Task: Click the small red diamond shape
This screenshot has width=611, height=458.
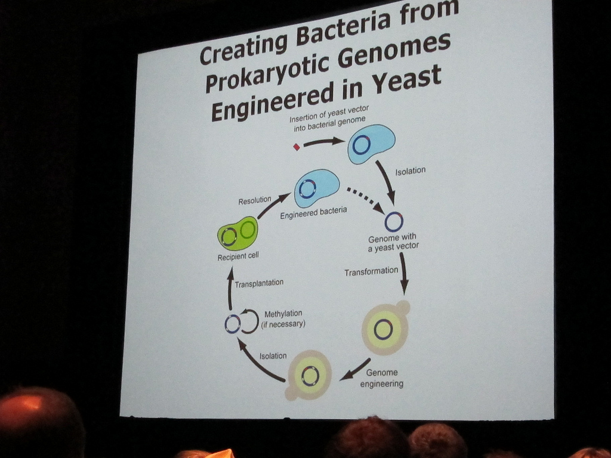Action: coord(297,147)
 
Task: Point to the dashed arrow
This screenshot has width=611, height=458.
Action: coord(366,200)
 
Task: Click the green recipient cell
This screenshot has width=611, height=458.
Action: coord(237,233)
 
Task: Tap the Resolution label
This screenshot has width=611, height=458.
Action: coord(254,200)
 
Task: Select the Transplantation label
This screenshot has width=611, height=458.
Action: coord(259,283)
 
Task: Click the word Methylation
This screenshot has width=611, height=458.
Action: coord(283,314)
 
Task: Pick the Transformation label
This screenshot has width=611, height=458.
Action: coord(371,271)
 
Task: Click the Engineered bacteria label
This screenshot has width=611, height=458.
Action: coord(313,213)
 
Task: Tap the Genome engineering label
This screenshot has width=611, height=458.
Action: coord(381,378)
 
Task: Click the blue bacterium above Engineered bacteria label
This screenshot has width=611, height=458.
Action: coord(316,188)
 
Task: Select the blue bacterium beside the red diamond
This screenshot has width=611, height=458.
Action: coord(371,143)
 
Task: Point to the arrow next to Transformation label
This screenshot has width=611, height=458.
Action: coord(404,273)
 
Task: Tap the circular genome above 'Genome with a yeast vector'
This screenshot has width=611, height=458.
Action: coord(394,222)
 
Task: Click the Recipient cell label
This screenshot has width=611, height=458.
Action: coord(237,256)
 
